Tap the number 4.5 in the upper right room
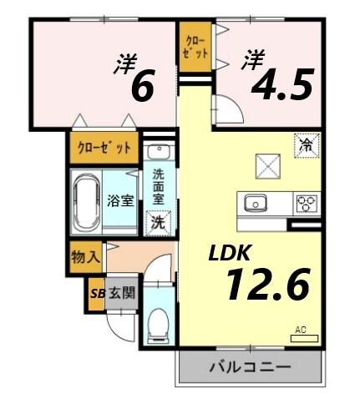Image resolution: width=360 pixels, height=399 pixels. click(x=278, y=83)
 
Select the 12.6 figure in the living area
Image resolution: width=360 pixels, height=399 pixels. click(x=266, y=285)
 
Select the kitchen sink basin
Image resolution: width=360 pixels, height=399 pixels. click(x=255, y=203)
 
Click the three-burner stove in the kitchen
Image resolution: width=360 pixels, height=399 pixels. click(x=306, y=203)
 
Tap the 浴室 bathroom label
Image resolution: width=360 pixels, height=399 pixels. click(x=121, y=200)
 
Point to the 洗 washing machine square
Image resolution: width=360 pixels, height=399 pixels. click(x=157, y=222)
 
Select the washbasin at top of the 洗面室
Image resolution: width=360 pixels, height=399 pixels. click(x=157, y=153)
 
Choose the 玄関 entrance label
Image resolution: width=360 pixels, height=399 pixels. click(x=121, y=293)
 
